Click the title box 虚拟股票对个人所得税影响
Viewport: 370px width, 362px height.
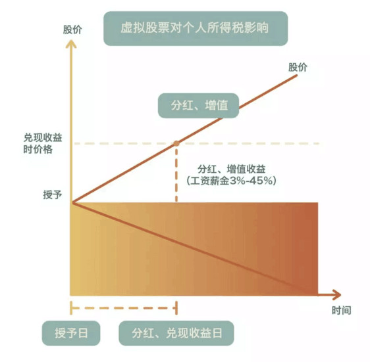196,28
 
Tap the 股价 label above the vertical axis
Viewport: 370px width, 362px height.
72,30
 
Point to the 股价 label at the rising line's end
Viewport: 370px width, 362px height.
298,68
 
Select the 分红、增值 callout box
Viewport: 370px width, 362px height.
198,105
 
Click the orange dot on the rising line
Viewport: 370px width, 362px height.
176,143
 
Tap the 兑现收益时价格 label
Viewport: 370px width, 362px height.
43,143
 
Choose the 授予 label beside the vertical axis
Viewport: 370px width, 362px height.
53,194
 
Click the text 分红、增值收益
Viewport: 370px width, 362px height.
232,170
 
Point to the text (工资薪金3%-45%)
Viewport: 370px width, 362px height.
232,181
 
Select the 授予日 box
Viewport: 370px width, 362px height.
71,333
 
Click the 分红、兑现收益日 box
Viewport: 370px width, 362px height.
176,333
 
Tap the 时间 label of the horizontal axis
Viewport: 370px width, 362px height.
341,310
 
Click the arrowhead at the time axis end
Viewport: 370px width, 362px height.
337,294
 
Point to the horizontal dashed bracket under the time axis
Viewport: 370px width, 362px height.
124,308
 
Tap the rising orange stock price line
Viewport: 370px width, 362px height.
185,139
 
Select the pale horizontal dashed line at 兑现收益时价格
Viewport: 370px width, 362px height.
197,143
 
